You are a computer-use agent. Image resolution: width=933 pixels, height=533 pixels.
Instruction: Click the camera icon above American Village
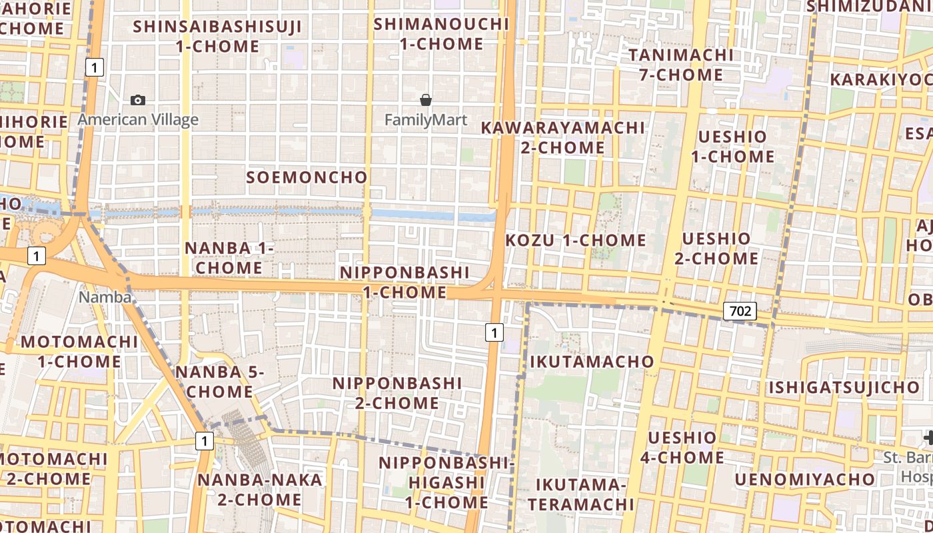click(x=138, y=101)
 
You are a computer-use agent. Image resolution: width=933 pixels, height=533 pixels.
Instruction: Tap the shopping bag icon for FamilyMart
click(x=426, y=101)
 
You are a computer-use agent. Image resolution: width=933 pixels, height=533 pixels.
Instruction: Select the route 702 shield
click(x=740, y=310)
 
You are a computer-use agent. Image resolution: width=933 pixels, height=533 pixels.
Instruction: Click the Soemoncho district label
click(x=307, y=177)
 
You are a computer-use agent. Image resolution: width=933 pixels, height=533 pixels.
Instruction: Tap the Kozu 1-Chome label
click(x=576, y=241)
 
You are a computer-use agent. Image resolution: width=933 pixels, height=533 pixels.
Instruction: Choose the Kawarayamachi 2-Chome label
click(x=563, y=137)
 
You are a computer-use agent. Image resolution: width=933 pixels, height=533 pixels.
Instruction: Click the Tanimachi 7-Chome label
click(x=681, y=65)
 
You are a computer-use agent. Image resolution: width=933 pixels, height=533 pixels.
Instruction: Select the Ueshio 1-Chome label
click(x=732, y=147)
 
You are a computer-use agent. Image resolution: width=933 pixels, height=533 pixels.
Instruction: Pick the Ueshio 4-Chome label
click(x=682, y=448)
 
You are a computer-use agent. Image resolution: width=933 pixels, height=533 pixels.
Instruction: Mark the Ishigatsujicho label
click(x=844, y=388)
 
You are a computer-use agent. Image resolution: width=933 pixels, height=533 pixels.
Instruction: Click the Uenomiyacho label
click(x=804, y=480)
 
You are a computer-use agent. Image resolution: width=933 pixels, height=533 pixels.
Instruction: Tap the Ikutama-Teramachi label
click(x=580, y=494)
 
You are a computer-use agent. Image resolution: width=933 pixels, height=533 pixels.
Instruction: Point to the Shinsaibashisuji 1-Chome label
click(x=217, y=37)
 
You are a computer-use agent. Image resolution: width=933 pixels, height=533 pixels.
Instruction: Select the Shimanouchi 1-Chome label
click(x=441, y=34)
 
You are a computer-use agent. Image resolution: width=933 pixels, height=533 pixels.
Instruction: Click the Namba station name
click(x=105, y=297)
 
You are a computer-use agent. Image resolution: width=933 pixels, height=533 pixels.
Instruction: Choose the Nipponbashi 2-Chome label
click(x=397, y=393)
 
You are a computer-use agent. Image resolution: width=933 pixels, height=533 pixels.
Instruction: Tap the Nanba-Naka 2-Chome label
click(x=250, y=489)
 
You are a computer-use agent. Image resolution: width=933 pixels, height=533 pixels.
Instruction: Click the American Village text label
click(x=138, y=120)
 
